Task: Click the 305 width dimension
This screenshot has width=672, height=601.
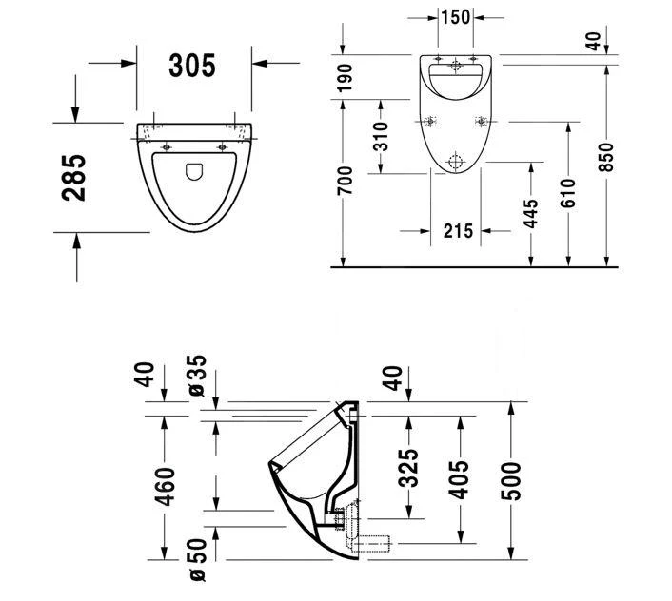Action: tap(192, 65)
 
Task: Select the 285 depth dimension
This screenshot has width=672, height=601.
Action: tap(75, 177)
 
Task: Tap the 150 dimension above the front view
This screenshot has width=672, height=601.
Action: tap(455, 17)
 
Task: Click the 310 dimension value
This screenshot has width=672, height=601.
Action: tap(381, 135)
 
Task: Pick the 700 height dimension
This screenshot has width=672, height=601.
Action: tap(345, 181)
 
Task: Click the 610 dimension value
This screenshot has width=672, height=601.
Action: tap(568, 196)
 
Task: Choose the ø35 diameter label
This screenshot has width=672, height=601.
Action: tap(196, 376)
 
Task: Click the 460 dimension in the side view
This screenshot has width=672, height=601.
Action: tap(167, 487)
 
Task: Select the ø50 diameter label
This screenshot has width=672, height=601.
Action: tap(196, 561)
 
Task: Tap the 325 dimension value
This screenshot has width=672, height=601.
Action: tap(408, 468)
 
